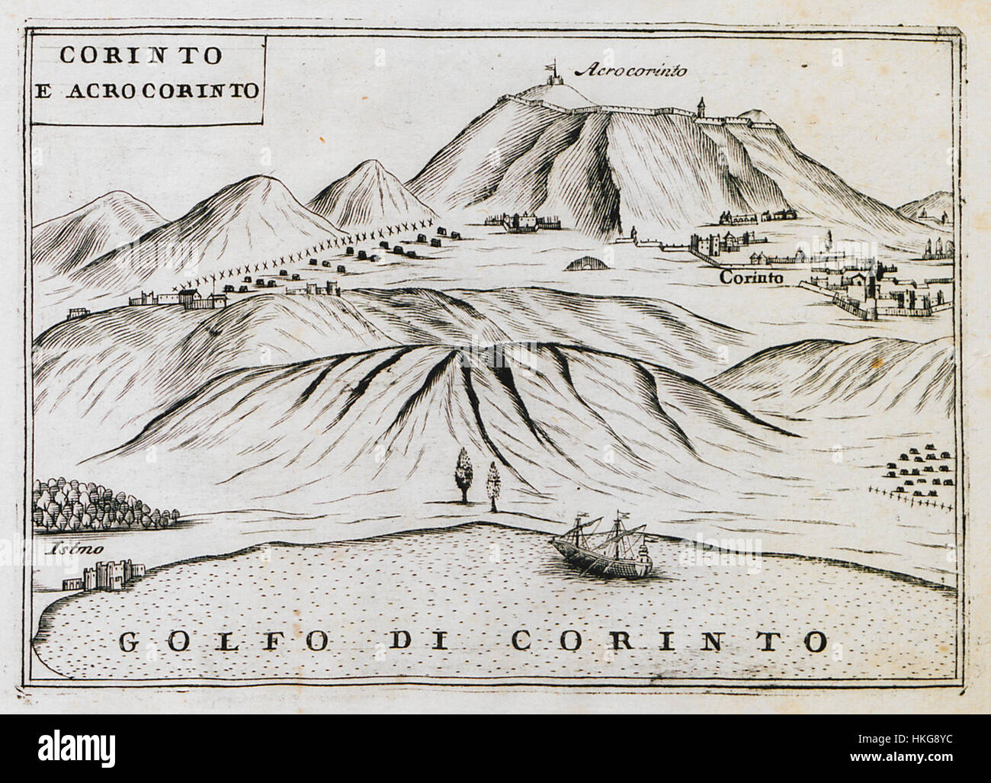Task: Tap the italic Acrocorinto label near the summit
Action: coord(630,71)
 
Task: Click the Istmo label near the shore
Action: coord(62,548)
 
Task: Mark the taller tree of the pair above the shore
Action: coord(462,475)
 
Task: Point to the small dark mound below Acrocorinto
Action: coord(587,264)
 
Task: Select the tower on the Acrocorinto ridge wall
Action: coord(701,108)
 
